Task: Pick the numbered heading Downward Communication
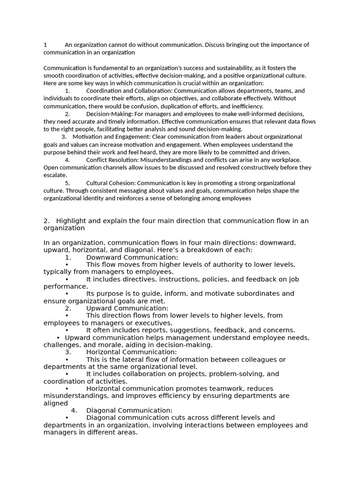pos(132,257)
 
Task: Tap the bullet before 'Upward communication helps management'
pos(58,338)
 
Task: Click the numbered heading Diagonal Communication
pos(129,411)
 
